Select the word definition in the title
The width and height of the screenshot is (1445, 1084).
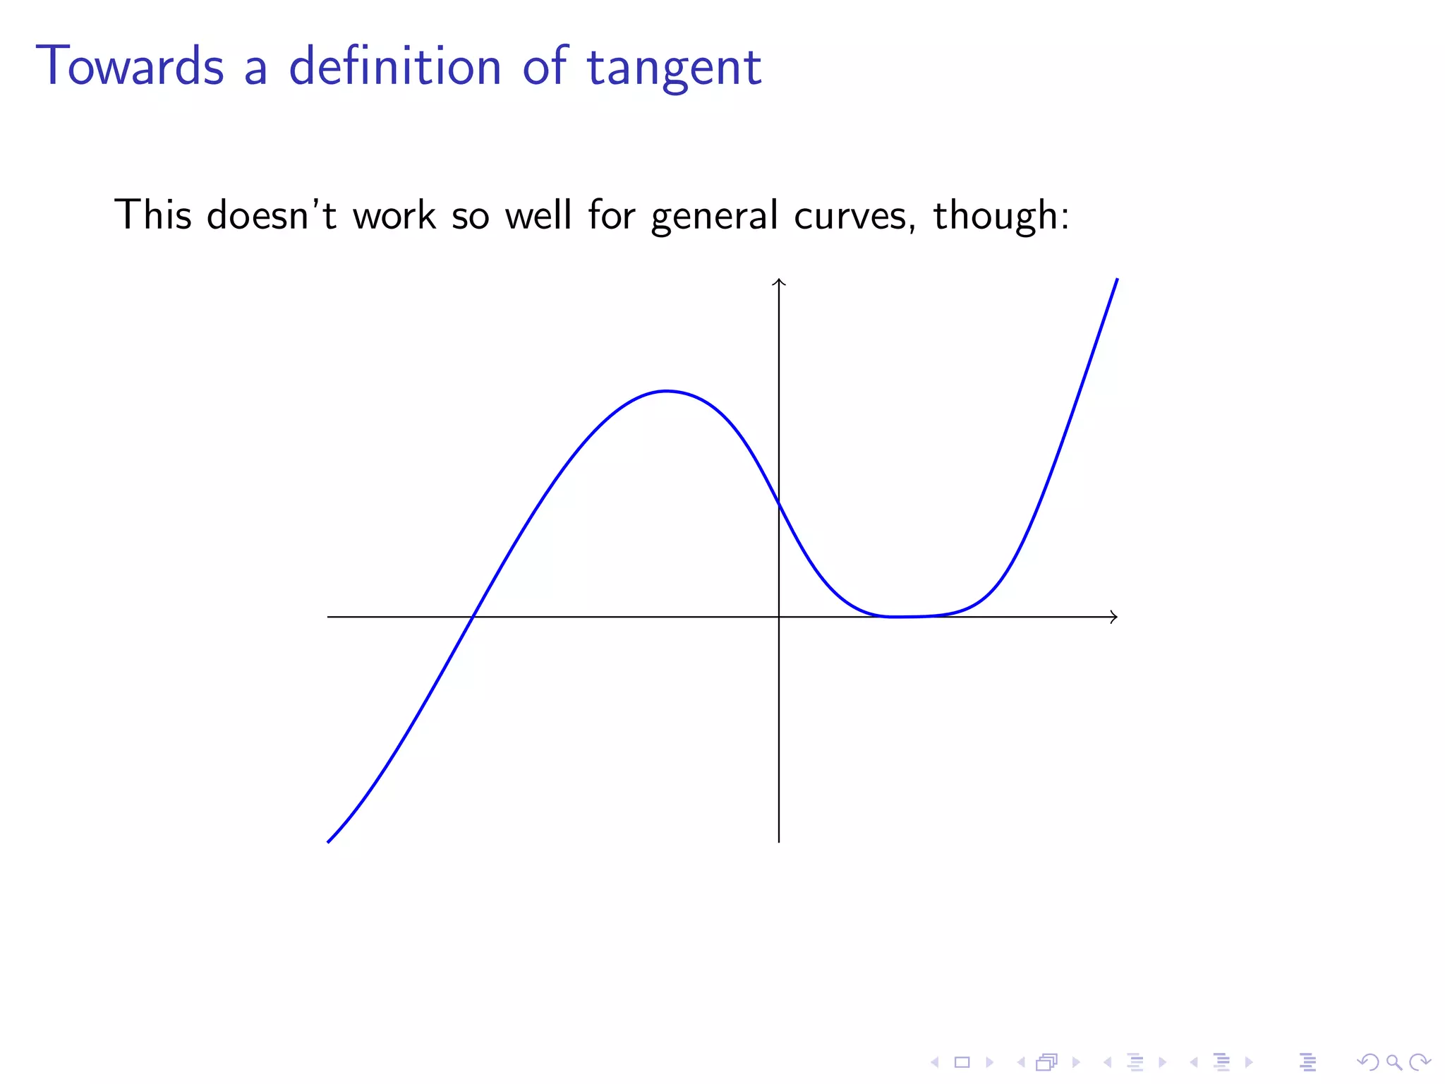[x=395, y=66]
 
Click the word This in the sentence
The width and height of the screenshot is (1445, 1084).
[x=152, y=215]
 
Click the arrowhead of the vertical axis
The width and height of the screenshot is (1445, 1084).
[x=779, y=282]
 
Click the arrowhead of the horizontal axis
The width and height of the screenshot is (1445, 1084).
[x=1113, y=617]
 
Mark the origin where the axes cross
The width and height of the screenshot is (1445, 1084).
[x=779, y=617]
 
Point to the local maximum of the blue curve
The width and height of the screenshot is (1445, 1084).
[x=666, y=390]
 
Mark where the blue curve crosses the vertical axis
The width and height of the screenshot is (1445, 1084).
[x=779, y=504]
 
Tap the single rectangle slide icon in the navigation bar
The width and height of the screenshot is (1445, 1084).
[x=962, y=1062]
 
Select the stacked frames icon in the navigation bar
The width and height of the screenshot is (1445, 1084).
[x=1047, y=1062]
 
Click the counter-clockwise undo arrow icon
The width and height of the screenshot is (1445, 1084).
[x=1367, y=1061]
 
